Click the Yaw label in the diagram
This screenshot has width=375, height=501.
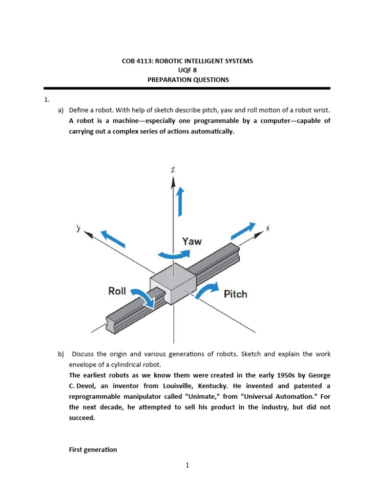pyautogui.click(x=191, y=241)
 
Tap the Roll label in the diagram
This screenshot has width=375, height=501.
pyautogui.click(x=117, y=291)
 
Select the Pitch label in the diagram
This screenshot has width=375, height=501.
pyautogui.click(x=235, y=294)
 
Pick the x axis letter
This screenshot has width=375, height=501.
pyautogui.click(x=268, y=228)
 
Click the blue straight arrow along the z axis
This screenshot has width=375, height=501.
pyautogui.click(x=180, y=201)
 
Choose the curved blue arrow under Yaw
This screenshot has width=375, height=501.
pyautogui.click(x=173, y=253)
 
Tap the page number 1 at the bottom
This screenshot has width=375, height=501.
pyautogui.click(x=187, y=465)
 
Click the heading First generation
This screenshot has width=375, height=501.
pyautogui.click(x=93, y=450)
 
